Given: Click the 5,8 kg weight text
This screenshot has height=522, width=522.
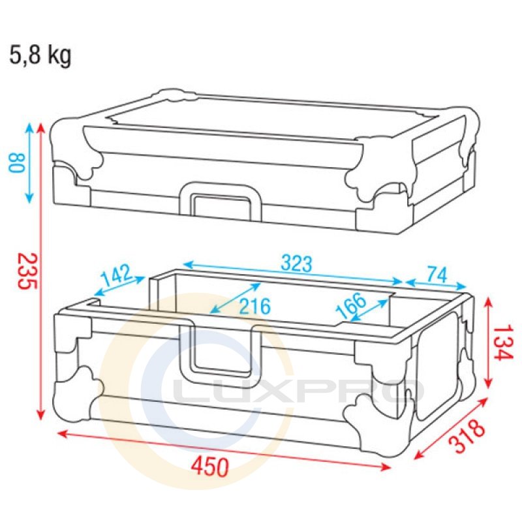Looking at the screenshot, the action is tap(40, 55).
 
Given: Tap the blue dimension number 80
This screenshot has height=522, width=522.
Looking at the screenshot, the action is tap(17, 162).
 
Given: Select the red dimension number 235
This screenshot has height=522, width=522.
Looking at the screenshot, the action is tap(27, 271).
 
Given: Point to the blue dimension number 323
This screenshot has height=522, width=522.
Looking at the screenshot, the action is tap(297, 263).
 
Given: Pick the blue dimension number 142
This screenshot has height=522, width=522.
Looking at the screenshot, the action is tap(117, 275).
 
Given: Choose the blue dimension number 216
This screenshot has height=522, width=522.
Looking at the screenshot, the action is tap(255, 306).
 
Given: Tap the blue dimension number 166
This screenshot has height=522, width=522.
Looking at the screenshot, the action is tap(351, 305).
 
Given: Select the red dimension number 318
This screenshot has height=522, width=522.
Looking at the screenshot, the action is tap(467, 436).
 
